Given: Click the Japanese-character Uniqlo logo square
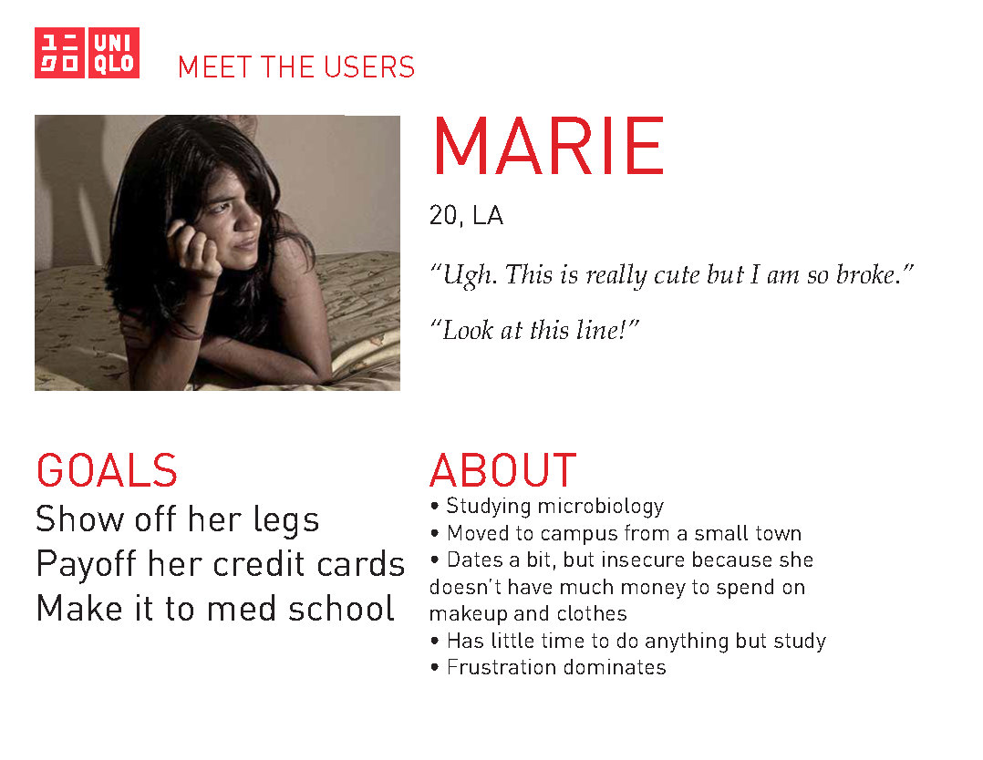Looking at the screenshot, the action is (x=59, y=53).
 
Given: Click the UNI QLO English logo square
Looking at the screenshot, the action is (x=113, y=53).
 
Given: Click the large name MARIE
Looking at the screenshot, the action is (x=548, y=146).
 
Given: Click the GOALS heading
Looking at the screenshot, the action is (x=108, y=470).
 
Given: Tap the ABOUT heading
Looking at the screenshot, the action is (x=502, y=470).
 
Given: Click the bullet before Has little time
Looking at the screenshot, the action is (x=435, y=641).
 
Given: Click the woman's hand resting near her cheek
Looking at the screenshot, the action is (x=194, y=247).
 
